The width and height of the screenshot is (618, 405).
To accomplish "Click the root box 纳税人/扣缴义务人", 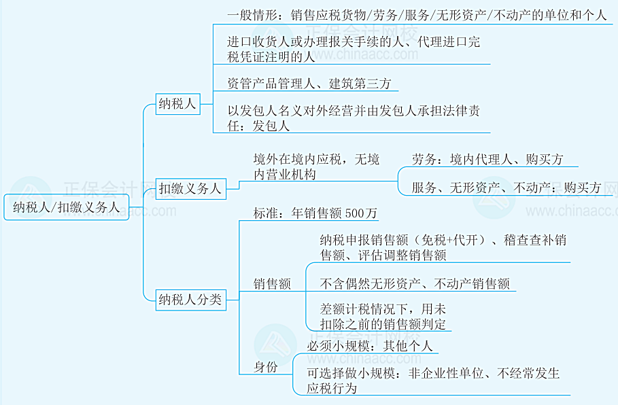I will click(66, 207).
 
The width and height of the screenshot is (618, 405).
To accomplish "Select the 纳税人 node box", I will click(177, 104).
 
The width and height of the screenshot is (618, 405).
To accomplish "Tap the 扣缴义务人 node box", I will click(190, 189).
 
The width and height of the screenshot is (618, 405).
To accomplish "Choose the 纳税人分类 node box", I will click(190, 299).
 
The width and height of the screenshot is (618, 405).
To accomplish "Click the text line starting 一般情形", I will click(416, 15).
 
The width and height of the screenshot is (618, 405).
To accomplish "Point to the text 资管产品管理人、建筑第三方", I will click(309, 84).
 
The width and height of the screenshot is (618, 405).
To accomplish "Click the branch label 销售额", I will click(272, 284).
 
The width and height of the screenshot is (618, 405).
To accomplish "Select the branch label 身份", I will click(266, 368).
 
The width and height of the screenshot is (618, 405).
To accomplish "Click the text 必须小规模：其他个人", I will click(370, 346).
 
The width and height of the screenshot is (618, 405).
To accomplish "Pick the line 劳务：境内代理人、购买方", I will click(487, 160).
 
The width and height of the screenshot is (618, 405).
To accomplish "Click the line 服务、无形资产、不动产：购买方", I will click(507, 188).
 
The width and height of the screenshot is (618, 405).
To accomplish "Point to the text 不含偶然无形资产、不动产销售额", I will click(415, 284).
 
